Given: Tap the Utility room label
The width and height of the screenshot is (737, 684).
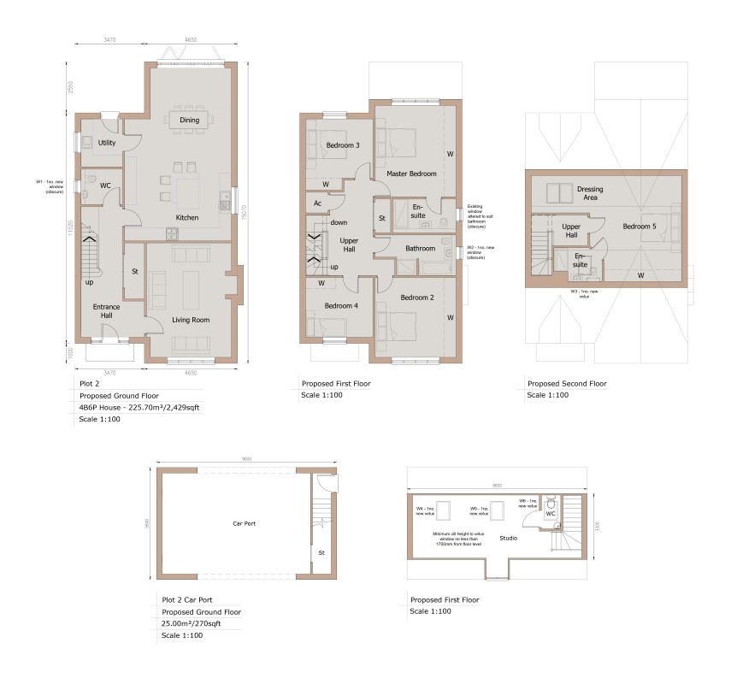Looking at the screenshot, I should [107, 143].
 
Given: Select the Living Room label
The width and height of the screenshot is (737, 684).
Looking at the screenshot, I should [191, 320].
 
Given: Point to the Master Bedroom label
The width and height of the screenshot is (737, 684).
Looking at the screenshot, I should [411, 174].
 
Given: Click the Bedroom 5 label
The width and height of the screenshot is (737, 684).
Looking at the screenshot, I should [640, 227].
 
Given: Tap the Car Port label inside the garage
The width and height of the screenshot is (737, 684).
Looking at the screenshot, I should [245, 523].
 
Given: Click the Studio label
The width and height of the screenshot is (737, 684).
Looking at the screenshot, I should [509, 539].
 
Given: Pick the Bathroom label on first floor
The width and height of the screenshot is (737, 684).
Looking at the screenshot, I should [421, 249].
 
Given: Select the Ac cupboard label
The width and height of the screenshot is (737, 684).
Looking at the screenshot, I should [317, 203].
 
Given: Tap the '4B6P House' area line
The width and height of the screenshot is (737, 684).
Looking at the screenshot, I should [141, 408].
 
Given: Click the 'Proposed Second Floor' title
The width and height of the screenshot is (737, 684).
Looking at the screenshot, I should [567, 384].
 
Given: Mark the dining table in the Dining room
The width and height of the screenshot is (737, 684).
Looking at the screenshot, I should [189, 120].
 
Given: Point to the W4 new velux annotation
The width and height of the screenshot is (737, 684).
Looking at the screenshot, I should [425, 510].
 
